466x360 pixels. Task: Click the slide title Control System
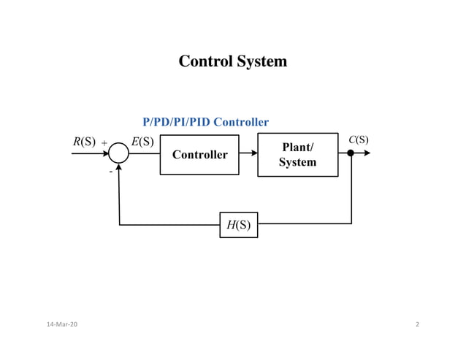[232, 61]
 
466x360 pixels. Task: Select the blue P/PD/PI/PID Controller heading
[205, 122]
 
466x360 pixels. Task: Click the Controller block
[199, 155]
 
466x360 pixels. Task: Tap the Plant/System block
[297, 155]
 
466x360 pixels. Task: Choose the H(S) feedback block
[238, 225]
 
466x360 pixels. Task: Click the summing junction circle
[118, 153]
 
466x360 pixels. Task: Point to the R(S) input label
[84, 142]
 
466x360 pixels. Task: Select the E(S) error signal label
[142, 142]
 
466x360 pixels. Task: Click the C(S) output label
[358, 139]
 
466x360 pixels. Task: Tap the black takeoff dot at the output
[351, 153]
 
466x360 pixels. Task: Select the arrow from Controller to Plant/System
[248, 153]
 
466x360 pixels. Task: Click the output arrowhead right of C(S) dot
[367, 153]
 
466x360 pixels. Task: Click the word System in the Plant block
[297, 162]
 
